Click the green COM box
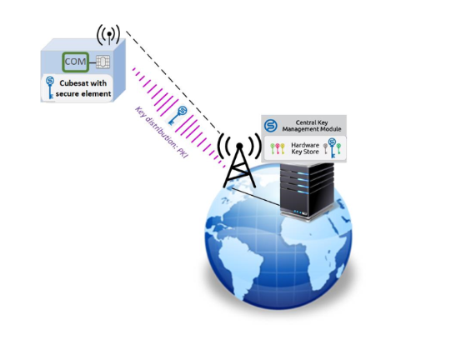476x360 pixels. click(x=76, y=62)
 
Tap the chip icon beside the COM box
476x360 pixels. click(x=103, y=62)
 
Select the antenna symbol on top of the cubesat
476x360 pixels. click(x=108, y=34)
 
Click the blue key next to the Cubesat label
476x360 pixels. click(x=50, y=87)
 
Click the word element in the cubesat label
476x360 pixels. click(x=97, y=94)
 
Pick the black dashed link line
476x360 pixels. click(x=174, y=82)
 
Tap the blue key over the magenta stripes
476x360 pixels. click(x=178, y=115)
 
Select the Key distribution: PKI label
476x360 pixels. click(x=162, y=132)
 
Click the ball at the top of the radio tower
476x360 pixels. click(x=239, y=147)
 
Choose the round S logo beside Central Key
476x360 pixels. click(x=270, y=125)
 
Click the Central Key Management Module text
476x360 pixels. click(x=312, y=126)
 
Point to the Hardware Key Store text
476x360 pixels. click(x=305, y=148)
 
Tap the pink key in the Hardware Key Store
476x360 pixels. click(x=278, y=148)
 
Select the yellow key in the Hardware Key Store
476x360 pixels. click(x=283, y=148)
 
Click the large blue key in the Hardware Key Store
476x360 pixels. click(x=333, y=147)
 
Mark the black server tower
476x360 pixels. click(x=307, y=190)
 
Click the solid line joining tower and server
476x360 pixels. click(x=255, y=197)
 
